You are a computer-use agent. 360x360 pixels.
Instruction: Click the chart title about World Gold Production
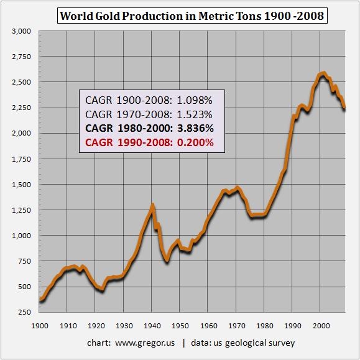pyautogui.click(x=192, y=15)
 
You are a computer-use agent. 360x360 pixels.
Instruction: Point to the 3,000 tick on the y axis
pyautogui.click(x=22, y=30)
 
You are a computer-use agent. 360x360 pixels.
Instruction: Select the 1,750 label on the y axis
pyautogui.click(x=22, y=159)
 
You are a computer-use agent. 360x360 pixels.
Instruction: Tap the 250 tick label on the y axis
pyautogui.click(x=25, y=312)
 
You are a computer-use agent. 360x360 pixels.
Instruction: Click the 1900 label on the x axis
pyautogui.click(x=39, y=325)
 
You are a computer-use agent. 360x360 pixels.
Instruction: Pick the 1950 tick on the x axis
pyautogui.click(x=180, y=325)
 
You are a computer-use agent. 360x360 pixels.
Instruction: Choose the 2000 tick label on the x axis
pyautogui.click(x=321, y=325)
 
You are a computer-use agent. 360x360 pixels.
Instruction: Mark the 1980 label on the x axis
pyautogui.click(x=264, y=325)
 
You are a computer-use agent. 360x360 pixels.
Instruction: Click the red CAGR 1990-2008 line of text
pyautogui.click(x=149, y=142)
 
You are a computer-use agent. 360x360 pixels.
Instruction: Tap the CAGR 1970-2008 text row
pyautogui.click(x=149, y=114)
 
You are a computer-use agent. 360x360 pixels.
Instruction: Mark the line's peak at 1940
pyautogui.click(x=152, y=205)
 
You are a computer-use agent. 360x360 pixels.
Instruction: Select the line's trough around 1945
pyautogui.click(x=167, y=261)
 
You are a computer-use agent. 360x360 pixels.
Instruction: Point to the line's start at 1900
pyautogui.click(x=40, y=300)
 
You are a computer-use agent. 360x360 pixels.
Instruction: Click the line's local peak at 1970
pyautogui.click(x=236, y=187)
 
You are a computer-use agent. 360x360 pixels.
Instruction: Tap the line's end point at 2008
pyautogui.click(x=345, y=109)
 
